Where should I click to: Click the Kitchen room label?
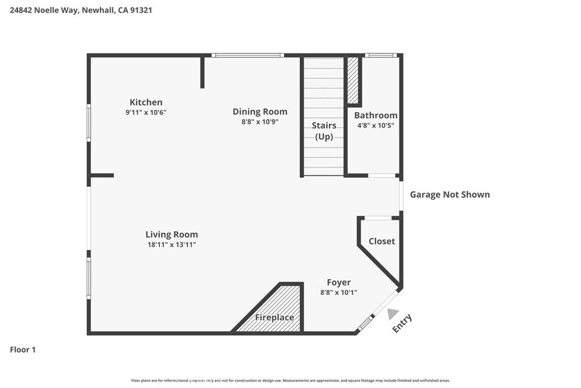click(146, 102)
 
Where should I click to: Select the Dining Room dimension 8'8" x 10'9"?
click(260, 122)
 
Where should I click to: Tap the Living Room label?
click(171, 235)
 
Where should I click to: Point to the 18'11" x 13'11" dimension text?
click(171, 244)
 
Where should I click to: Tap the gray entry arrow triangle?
click(393, 314)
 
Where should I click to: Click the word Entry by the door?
click(402, 323)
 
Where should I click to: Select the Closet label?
click(382, 241)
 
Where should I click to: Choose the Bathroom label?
click(376, 115)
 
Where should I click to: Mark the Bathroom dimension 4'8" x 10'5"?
click(376, 126)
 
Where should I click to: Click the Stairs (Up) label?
click(324, 131)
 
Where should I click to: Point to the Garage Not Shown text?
click(450, 195)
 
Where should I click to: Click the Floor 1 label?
click(23, 349)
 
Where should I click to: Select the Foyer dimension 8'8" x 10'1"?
click(339, 293)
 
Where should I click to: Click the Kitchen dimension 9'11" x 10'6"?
click(146, 112)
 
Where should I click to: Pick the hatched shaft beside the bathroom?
click(353, 80)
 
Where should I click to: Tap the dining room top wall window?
click(248, 55)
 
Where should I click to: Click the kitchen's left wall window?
click(89, 122)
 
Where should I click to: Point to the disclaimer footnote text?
click(290, 381)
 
